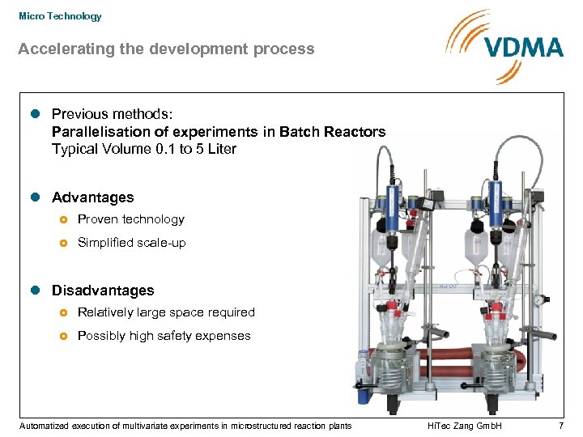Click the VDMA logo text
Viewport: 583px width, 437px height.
(x=524, y=47)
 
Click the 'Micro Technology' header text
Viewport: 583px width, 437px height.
(x=61, y=16)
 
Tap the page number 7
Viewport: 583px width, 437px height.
(x=560, y=426)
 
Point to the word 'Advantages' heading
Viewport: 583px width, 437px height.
(x=93, y=197)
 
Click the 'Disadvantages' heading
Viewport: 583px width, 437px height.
(x=103, y=291)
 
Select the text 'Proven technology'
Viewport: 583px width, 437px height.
(x=130, y=219)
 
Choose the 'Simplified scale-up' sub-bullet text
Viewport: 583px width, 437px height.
(x=131, y=243)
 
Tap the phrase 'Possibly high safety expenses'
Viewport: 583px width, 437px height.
(x=164, y=336)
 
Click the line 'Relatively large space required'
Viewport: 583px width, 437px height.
(x=166, y=312)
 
